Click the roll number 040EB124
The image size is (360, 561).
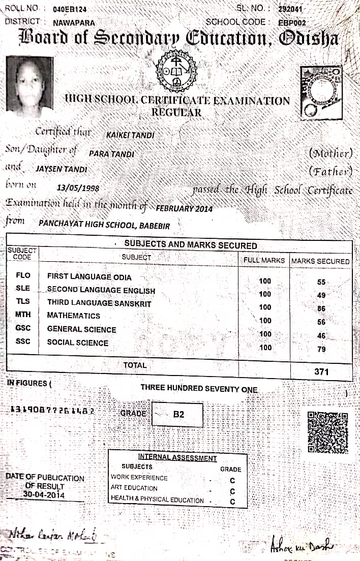pyautogui.click(x=69, y=9)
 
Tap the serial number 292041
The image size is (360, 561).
pyautogui.click(x=291, y=9)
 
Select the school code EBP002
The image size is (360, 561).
pyautogui.click(x=292, y=22)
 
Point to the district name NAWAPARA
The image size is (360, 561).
pyautogui.click(x=73, y=22)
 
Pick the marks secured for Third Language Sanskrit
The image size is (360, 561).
pyautogui.click(x=321, y=308)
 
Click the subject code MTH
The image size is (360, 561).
pyautogui.click(x=23, y=315)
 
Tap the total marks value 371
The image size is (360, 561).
pyautogui.click(x=321, y=371)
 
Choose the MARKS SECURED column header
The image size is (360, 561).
pyautogui.click(x=320, y=261)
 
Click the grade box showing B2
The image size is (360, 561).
pyautogui.click(x=177, y=414)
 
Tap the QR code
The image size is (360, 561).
pyautogui.click(x=328, y=432)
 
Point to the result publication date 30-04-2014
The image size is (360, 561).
pyautogui.click(x=44, y=494)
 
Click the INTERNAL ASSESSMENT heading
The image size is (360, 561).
pyautogui.click(x=177, y=458)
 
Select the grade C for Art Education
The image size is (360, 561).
pyautogui.click(x=232, y=491)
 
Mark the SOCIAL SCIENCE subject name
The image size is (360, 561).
pyautogui.click(x=77, y=342)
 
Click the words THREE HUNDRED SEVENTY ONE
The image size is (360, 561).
pyautogui.click(x=199, y=389)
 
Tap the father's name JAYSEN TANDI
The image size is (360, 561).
pyautogui.click(x=62, y=169)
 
